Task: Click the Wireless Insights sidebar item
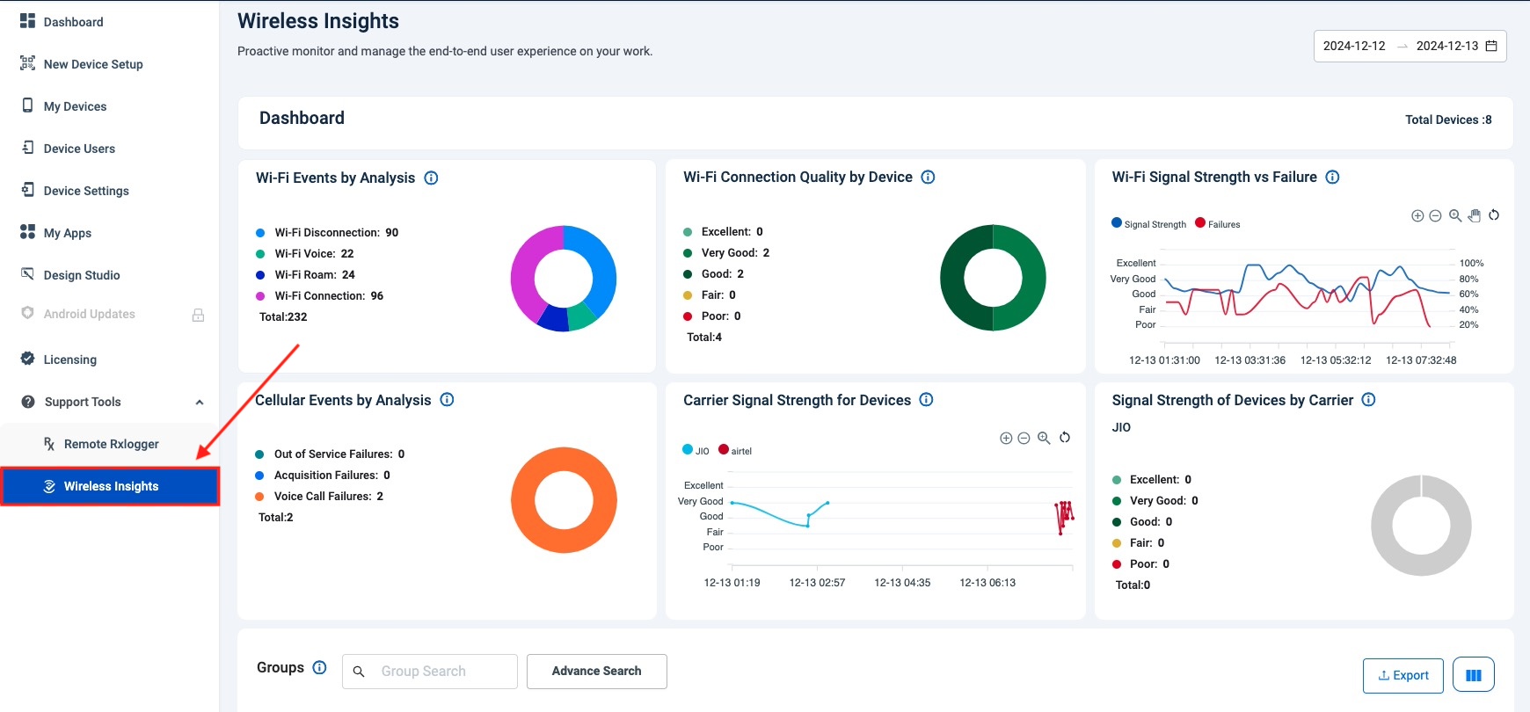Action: tap(111, 486)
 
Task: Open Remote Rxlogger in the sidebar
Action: tap(111, 444)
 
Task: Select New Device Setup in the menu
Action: tap(93, 64)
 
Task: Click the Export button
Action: tap(1402, 675)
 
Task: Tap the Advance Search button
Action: tap(596, 671)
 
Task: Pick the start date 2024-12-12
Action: tap(1353, 46)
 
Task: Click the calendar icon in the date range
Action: tap(1491, 46)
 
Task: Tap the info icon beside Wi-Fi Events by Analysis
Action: tap(431, 178)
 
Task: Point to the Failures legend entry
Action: tap(1218, 224)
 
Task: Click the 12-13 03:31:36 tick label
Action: tap(1249, 360)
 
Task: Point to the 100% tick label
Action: tap(1471, 263)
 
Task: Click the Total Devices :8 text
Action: tap(1447, 120)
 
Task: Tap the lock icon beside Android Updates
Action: tap(199, 315)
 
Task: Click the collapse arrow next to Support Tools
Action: tap(200, 403)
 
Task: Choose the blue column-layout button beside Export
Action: tap(1473, 675)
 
